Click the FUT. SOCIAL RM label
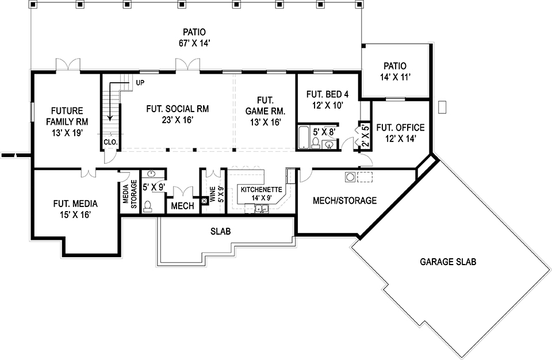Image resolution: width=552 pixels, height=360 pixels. pos(178,109)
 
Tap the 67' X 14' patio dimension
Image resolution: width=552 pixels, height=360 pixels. pos(194,43)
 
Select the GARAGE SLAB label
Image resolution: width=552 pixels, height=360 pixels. pos(448,262)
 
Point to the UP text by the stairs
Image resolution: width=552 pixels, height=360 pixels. pos(140,83)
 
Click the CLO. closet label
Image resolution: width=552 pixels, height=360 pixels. pos(110,142)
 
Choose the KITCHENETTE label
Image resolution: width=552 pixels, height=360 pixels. pos(261,190)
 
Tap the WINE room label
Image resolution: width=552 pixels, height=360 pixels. pos(213,194)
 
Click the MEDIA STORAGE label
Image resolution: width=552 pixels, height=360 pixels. pos(129,194)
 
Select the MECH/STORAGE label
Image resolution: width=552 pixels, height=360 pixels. pos(344,201)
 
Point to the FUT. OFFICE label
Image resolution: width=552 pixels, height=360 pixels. pos(400,128)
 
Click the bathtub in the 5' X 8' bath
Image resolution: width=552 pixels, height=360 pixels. pos(304,137)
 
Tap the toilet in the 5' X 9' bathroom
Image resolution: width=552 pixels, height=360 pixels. pos(148,206)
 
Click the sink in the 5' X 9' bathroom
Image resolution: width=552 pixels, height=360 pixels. pos(152,174)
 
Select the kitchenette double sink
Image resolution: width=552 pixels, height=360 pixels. pos(262,209)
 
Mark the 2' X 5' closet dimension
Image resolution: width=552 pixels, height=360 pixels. pos(365,136)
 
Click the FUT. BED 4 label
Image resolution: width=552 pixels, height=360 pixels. pos(327,94)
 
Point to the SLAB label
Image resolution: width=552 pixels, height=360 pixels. pos(221,231)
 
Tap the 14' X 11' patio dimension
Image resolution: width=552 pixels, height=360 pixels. pos(396,77)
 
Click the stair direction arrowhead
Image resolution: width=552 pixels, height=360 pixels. pos(110,117)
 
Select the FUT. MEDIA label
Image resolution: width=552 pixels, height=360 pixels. pos(75,204)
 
